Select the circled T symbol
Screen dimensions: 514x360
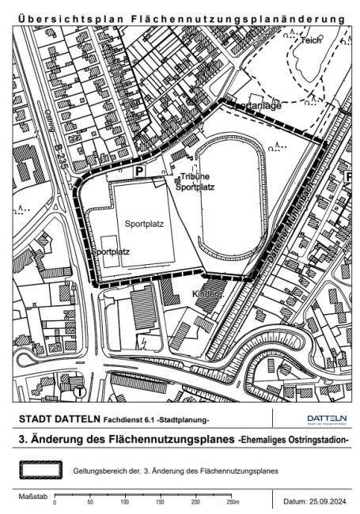tap(80, 391)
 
